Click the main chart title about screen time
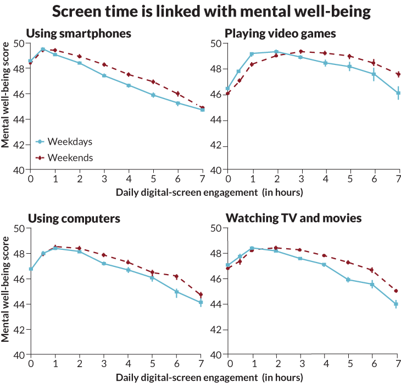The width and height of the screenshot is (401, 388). (x=210, y=12)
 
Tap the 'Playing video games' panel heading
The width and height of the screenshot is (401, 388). (x=281, y=34)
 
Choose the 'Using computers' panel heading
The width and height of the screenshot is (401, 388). (x=73, y=218)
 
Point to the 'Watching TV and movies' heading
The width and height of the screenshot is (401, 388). (x=293, y=218)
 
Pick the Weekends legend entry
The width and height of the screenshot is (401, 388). (x=64, y=158)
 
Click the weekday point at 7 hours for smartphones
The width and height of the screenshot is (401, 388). (x=203, y=110)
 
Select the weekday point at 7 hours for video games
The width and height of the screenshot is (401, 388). (x=398, y=94)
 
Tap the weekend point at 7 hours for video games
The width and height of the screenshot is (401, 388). (x=398, y=74)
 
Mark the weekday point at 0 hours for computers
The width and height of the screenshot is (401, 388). (x=31, y=269)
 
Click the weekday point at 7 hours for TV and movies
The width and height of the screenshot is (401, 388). (x=396, y=304)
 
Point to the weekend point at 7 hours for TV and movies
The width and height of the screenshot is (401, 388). (x=396, y=291)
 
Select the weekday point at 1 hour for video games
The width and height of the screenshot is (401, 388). (x=252, y=54)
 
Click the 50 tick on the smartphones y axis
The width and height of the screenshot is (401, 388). (x=21, y=43)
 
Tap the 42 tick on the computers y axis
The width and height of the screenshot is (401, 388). (x=21, y=330)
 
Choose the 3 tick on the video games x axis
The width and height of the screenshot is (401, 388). (x=301, y=180)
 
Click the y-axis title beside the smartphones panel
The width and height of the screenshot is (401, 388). (x=5, y=105)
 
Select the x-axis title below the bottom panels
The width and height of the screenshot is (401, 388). (x=209, y=378)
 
